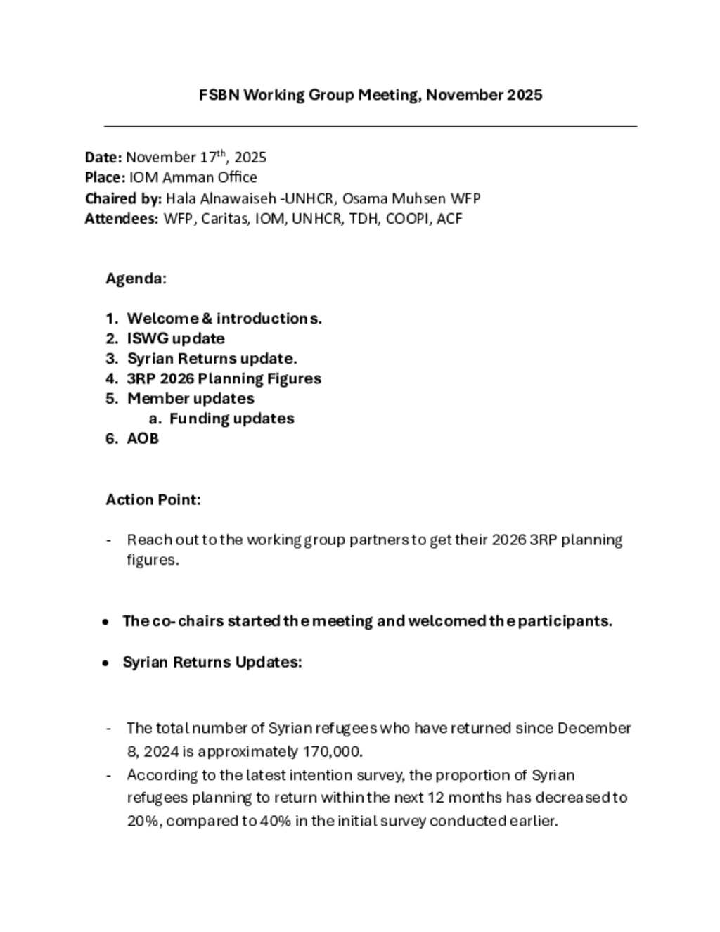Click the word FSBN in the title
click(219, 95)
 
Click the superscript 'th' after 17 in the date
click(221, 153)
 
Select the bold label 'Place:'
click(105, 177)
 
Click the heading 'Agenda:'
click(136, 279)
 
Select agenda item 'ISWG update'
click(176, 338)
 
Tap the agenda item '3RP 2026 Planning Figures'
click(224, 378)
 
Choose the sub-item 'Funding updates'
click(231, 419)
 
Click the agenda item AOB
click(143, 438)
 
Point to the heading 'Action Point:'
click(153, 499)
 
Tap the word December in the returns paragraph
click(594, 728)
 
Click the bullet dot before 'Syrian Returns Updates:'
click(105, 663)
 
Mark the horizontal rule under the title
click(371, 126)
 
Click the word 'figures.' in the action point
click(153, 560)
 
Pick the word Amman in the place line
click(184, 177)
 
